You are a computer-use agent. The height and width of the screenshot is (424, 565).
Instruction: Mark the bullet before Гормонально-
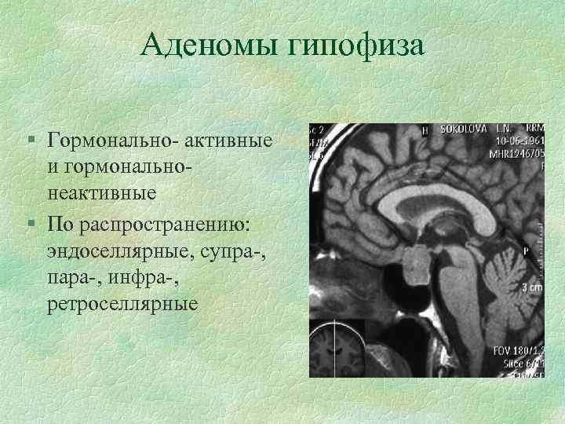tap(29, 141)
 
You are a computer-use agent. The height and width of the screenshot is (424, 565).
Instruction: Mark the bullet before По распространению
tap(29, 225)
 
